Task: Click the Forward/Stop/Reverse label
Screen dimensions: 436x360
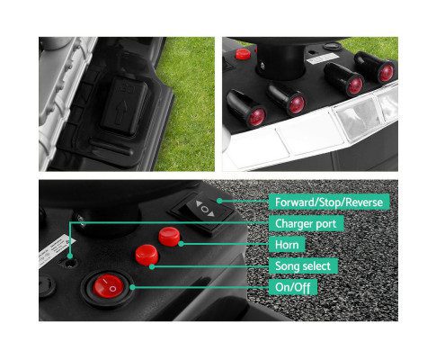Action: click(x=329, y=202)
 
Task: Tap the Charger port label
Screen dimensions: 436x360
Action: click(x=306, y=223)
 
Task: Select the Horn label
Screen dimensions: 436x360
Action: click(x=287, y=245)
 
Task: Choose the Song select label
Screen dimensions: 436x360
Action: click(x=303, y=265)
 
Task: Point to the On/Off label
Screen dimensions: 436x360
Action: click(x=292, y=287)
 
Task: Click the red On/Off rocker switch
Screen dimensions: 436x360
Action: click(x=108, y=286)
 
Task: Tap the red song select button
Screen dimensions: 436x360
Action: click(x=147, y=255)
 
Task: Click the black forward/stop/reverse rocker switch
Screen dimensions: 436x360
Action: click(x=205, y=211)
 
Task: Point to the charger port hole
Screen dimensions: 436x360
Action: click(x=71, y=263)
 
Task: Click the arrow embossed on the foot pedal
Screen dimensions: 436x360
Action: click(x=121, y=112)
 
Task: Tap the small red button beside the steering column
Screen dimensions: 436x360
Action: click(x=243, y=54)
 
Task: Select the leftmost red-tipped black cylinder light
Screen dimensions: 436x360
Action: click(x=246, y=108)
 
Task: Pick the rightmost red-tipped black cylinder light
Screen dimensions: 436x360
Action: click(x=376, y=67)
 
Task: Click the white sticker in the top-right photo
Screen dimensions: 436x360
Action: click(x=323, y=59)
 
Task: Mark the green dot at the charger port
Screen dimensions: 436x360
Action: click(x=70, y=256)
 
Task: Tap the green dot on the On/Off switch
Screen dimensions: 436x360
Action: click(x=132, y=287)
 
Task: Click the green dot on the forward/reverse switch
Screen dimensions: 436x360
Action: click(x=219, y=201)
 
